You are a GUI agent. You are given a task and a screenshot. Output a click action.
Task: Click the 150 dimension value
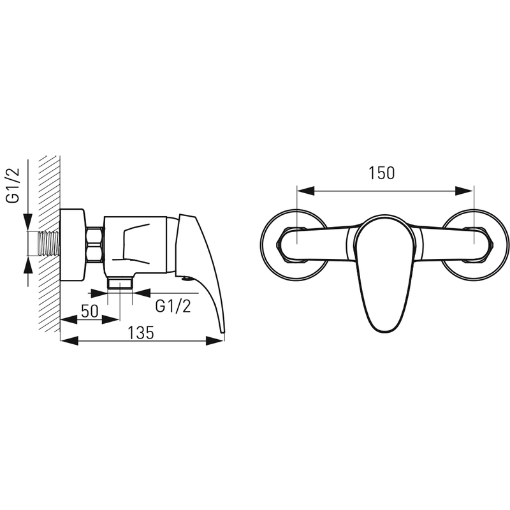pos(381,173)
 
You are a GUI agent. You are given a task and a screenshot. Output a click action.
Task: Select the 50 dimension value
pos(89,311)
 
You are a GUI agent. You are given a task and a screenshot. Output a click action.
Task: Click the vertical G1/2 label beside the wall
pos(13,186)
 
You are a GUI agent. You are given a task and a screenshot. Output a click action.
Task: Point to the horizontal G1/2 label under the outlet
pos(173,306)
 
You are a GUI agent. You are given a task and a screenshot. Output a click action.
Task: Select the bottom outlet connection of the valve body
pos(120,282)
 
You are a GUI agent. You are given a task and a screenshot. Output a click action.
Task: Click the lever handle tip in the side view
pos(222,331)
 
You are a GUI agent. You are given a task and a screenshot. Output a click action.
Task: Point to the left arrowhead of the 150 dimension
pos(306,191)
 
